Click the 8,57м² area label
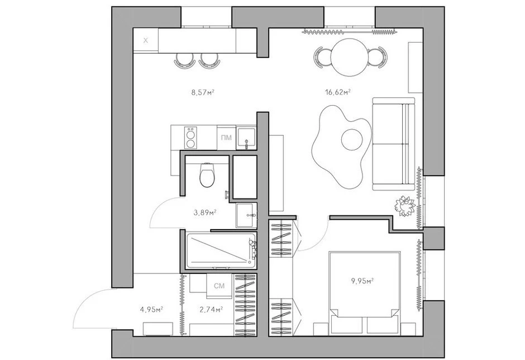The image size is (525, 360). pos(203,92)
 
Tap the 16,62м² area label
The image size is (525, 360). pos(338,92)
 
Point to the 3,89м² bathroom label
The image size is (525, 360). pos(204,212)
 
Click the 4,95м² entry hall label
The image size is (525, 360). pos(151,309)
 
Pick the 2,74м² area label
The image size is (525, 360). pos(211,309)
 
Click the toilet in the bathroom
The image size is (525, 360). pos(207,174)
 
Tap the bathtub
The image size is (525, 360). pos(221,250)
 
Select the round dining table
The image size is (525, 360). pos(350,58)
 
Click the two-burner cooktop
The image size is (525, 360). pos(191,138)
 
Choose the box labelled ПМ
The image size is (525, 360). pos(226,138)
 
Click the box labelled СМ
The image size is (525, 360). pos(219,286)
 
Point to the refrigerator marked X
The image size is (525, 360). pos(146,41)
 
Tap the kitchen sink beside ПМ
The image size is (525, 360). pos(246,138)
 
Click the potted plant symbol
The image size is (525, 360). pos(405,206)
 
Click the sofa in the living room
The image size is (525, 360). pos(393,144)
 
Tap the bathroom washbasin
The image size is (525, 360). pos(246,215)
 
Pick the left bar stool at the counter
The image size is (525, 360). pos(184,61)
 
